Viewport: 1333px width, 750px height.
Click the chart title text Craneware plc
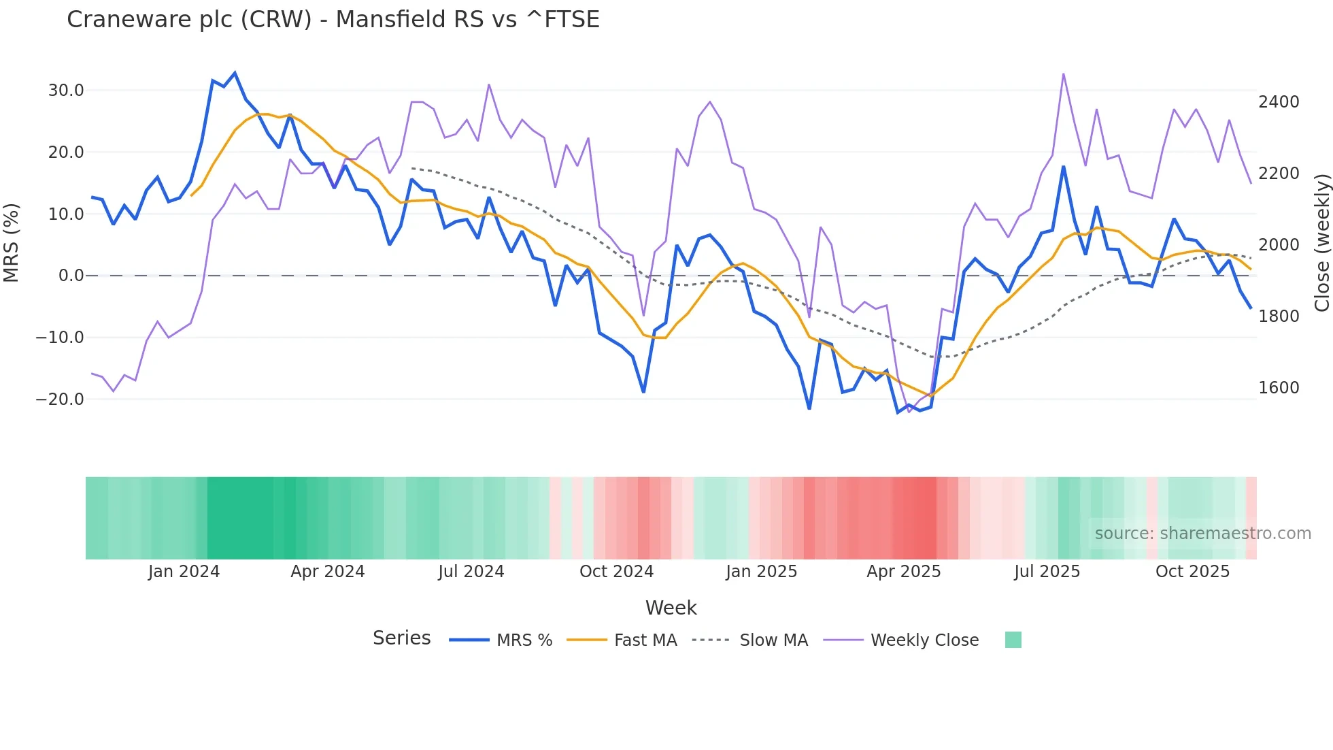pyautogui.click(x=333, y=19)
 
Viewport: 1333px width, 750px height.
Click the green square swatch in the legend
pyautogui.click(x=1013, y=640)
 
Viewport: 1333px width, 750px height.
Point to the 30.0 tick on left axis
pyautogui.click(x=66, y=91)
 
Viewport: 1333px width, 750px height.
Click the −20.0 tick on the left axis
pyautogui.click(x=61, y=400)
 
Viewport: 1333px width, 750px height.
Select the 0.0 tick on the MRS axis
pyautogui.click(x=71, y=276)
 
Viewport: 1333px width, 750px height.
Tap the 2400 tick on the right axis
pyautogui.click(x=1279, y=102)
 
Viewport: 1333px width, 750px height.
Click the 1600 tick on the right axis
pyautogui.click(x=1279, y=388)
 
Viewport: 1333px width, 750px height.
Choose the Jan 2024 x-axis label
pyautogui.click(x=184, y=572)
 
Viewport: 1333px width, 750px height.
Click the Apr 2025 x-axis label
pyautogui.click(x=903, y=572)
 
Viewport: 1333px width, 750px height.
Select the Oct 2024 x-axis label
pyautogui.click(x=616, y=572)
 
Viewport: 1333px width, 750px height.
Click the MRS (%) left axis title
pyautogui.click(x=11, y=243)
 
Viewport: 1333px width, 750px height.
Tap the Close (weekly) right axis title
pyautogui.click(x=1321, y=243)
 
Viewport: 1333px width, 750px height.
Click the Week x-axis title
pyautogui.click(x=671, y=608)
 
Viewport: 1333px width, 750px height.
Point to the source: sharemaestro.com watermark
pyautogui.click(x=1202, y=534)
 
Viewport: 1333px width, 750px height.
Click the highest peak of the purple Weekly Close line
pyautogui.click(x=1063, y=74)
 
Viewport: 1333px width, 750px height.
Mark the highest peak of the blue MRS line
pyautogui.click(x=235, y=73)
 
